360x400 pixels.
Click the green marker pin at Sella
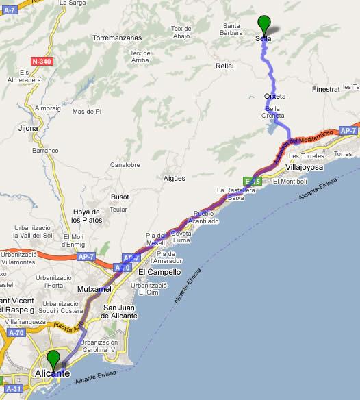[x=263, y=24]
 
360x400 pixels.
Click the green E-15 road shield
[x=253, y=181]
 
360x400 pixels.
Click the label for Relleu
[x=225, y=66]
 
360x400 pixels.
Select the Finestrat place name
[x=326, y=90]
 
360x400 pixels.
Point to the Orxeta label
[x=274, y=96]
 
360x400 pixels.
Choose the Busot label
[x=120, y=197]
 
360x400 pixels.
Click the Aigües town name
[x=175, y=179]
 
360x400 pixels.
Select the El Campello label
[x=159, y=272]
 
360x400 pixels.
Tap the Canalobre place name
[x=125, y=165]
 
